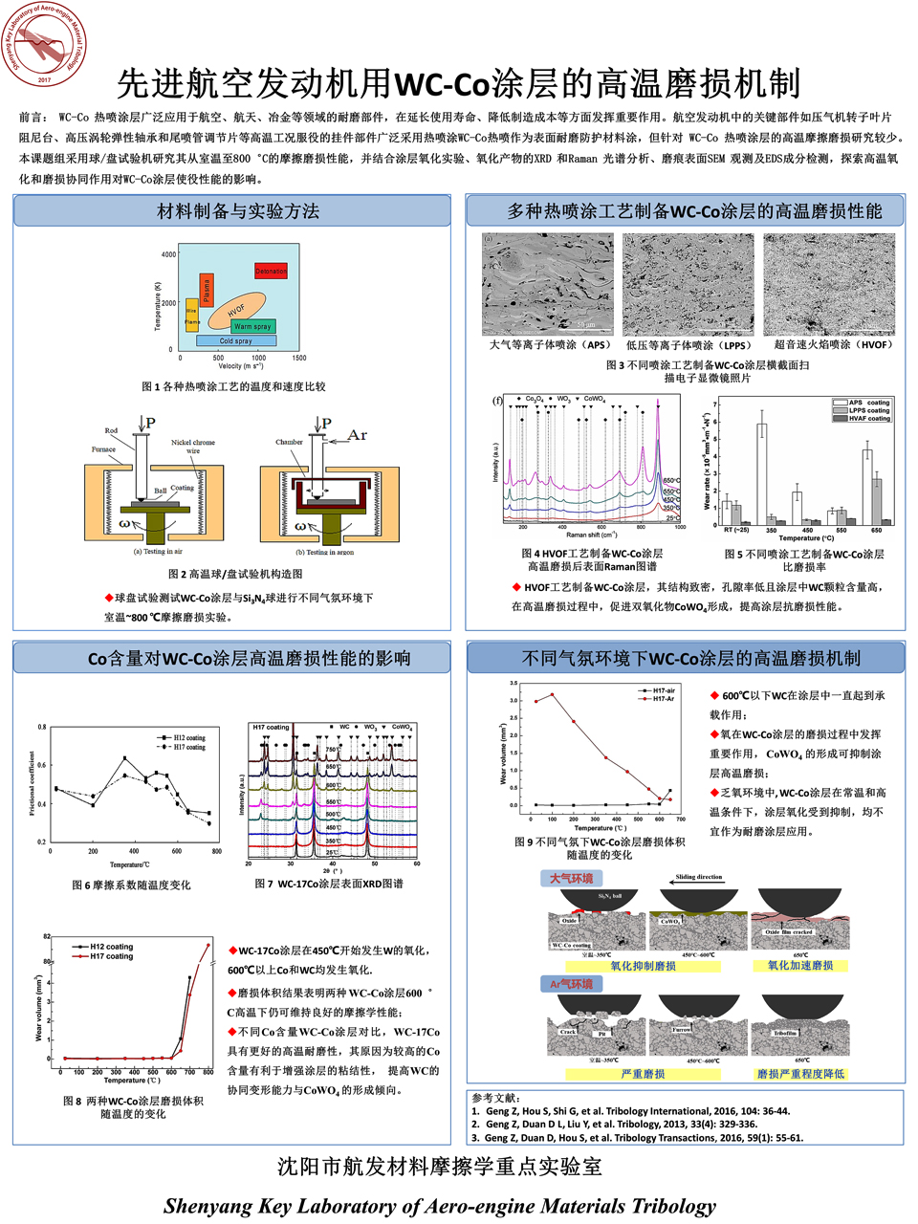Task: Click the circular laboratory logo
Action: [44, 45]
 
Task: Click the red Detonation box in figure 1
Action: [271, 272]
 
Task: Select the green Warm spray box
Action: [252, 326]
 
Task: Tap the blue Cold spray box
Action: [236, 340]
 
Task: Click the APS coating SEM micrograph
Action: [547, 284]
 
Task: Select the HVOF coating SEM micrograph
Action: [829, 284]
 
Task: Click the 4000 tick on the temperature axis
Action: [169, 254]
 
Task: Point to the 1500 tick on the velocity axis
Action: [299, 358]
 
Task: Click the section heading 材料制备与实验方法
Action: [237, 211]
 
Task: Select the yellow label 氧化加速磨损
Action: [800, 966]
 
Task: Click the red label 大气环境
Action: [571, 879]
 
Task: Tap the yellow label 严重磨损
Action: [643, 1074]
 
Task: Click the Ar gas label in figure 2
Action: [357, 435]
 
